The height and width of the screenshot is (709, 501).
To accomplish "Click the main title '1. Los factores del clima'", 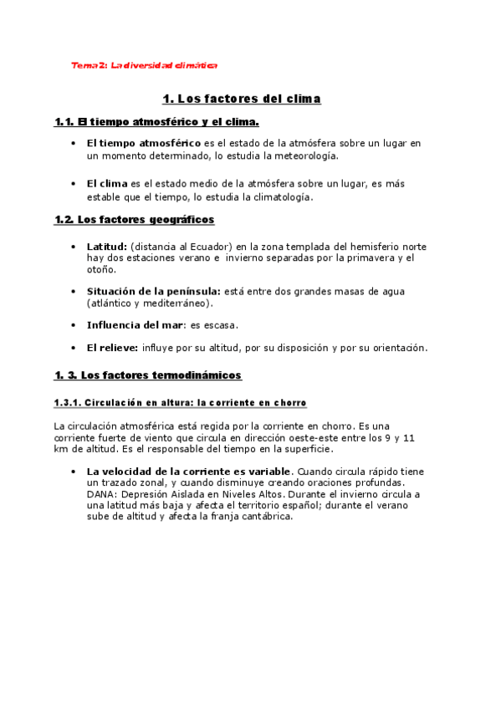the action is (242, 99).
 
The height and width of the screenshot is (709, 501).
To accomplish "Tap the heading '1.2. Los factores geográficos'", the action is (135, 220).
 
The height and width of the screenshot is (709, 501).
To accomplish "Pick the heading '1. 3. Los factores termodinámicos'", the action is (148, 375).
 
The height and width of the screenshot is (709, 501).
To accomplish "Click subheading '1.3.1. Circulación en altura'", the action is (180, 403).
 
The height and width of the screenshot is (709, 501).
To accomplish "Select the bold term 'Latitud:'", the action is (107, 247).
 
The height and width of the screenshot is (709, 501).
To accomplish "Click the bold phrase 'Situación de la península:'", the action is (153, 291).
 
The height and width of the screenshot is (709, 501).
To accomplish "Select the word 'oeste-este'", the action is (314, 437).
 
